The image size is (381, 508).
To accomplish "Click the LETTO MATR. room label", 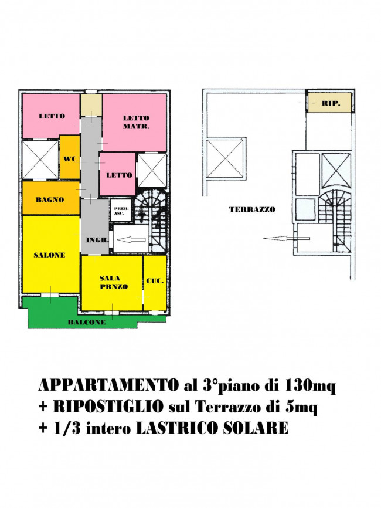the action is pyautogui.click(x=136, y=122).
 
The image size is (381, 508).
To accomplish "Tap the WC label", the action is pyautogui.click(x=70, y=159).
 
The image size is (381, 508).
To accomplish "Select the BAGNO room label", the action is pyautogui.click(x=50, y=200).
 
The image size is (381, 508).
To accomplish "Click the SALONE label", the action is pyautogui.click(x=49, y=255).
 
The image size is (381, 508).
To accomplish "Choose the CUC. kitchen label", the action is pyautogui.click(x=155, y=281).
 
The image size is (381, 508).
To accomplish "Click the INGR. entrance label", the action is pyautogui.click(x=97, y=240).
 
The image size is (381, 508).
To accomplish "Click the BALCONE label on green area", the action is pyautogui.click(x=86, y=322).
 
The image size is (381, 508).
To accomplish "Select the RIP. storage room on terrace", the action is pyautogui.click(x=329, y=103).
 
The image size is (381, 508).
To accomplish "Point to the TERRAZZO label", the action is pyautogui.click(x=252, y=209).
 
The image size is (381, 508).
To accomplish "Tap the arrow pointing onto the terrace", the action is pyautogui.click(x=287, y=238).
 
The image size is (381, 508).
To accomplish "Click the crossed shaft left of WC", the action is pyautogui.click(x=40, y=160).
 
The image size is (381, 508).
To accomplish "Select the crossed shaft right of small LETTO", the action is pyautogui.click(x=152, y=170).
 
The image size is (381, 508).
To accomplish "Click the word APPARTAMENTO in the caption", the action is pyautogui.click(x=108, y=385).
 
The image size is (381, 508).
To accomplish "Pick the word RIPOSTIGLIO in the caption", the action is pyautogui.click(x=108, y=407).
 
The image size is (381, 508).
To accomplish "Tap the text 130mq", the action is pyautogui.click(x=310, y=386).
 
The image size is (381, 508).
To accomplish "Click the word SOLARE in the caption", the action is pyautogui.click(x=256, y=428).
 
